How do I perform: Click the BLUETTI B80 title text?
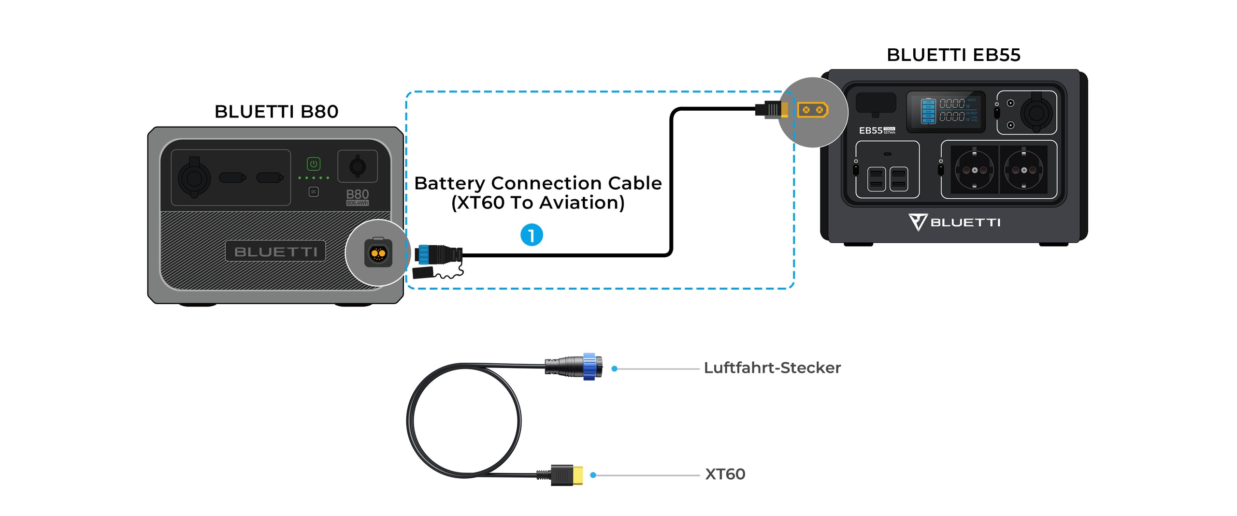[x=276, y=112]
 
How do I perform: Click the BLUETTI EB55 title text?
[x=953, y=55]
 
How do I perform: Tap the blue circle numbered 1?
[x=532, y=235]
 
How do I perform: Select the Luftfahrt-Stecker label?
[x=772, y=368]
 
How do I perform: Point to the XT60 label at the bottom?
[x=725, y=474]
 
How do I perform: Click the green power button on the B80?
[x=314, y=164]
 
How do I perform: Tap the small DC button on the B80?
[x=314, y=192]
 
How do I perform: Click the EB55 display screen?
[x=945, y=112]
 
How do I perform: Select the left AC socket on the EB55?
[x=974, y=170]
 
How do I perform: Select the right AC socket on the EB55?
[x=1023, y=170]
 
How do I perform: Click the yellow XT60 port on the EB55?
[x=813, y=110]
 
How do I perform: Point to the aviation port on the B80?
[x=378, y=253]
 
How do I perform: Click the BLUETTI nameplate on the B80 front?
[x=275, y=251]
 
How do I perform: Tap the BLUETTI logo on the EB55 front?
[x=954, y=222]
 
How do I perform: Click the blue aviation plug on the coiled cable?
[x=589, y=367]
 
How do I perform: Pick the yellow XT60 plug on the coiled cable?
[x=577, y=475]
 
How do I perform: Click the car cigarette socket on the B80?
[x=194, y=178]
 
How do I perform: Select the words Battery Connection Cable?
[x=538, y=183]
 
